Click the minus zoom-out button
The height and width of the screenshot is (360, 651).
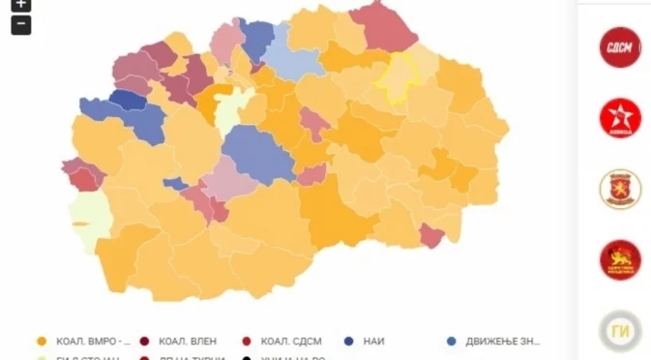tap(20, 25)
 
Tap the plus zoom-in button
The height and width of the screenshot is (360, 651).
tap(20, 4)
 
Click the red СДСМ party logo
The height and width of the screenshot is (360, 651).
tap(620, 47)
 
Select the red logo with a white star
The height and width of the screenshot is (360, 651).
tap(620, 118)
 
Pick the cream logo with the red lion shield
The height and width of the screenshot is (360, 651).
tap(620, 189)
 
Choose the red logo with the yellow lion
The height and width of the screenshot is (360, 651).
tap(620, 259)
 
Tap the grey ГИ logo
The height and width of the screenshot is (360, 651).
tap(620, 330)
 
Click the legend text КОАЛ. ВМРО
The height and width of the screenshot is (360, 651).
tap(93, 341)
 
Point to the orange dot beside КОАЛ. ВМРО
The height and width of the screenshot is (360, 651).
tap(41, 341)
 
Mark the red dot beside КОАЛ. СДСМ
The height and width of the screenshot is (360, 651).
tap(247, 341)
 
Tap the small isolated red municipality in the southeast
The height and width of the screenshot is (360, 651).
tap(431, 235)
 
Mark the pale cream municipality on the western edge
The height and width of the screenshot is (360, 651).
tap(86, 223)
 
